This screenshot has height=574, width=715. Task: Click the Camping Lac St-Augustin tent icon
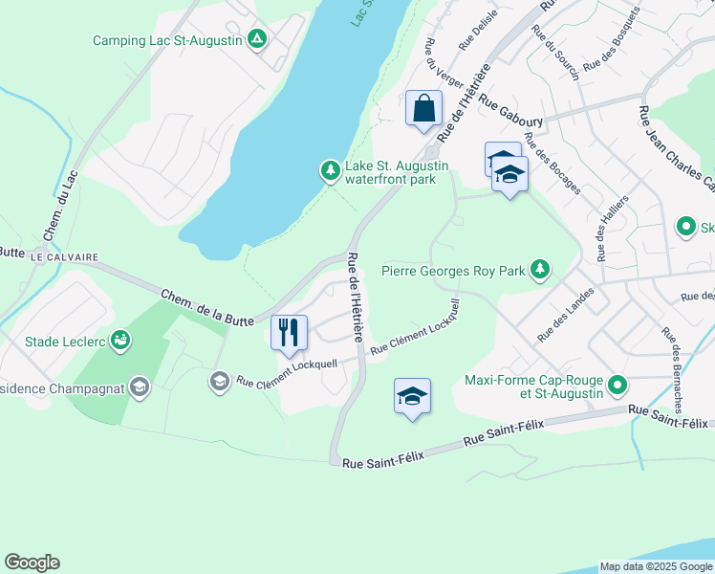[255, 39]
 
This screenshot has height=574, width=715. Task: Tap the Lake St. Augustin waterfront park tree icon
[330, 171]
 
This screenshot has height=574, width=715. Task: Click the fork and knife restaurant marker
[289, 332]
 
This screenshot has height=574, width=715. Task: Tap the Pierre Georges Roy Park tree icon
[541, 270]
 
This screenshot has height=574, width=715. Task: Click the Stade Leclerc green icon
[119, 340]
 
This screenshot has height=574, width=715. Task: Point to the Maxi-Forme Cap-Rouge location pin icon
[617, 386]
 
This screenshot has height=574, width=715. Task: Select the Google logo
[32, 563]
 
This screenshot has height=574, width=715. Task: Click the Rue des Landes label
[566, 315]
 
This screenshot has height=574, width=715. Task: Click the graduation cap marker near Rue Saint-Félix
[412, 396]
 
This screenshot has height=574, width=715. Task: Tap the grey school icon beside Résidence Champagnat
[219, 382]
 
